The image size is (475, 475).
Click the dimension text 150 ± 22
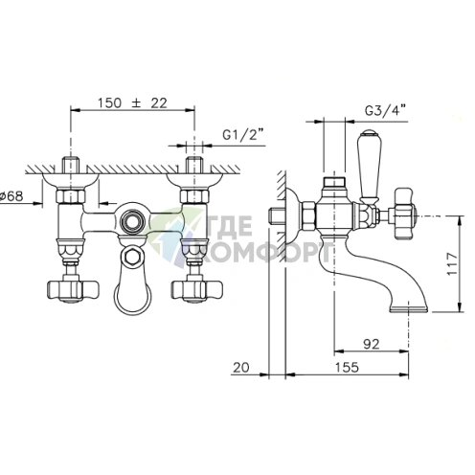point(132,103)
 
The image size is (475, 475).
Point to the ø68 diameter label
point(11,195)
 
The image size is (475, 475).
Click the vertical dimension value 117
point(452,264)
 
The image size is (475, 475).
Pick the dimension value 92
point(372,344)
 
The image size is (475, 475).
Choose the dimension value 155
point(347,367)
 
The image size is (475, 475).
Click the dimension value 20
point(240,367)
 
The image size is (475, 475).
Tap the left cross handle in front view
point(73,290)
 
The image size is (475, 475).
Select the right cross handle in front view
point(196,290)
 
